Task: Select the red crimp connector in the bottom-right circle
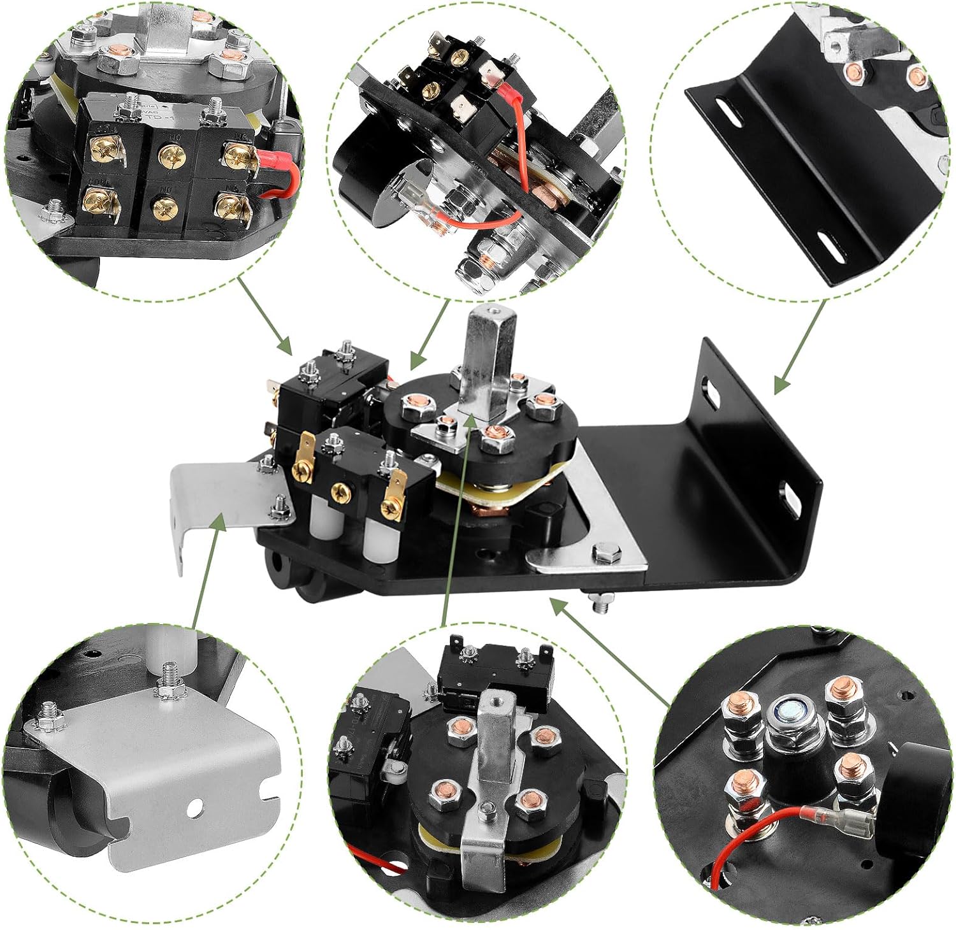[825, 815]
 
